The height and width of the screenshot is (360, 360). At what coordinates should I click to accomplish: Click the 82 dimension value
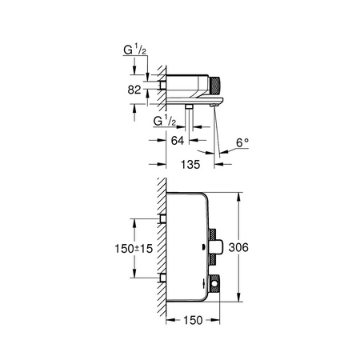(134, 90)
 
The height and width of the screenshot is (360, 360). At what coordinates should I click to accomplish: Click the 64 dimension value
(178, 141)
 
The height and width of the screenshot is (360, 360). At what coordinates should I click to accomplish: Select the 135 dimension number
(190, 164)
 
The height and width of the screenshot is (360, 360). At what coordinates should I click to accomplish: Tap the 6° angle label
(242, 142)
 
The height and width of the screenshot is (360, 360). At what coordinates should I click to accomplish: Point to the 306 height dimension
(238, 247)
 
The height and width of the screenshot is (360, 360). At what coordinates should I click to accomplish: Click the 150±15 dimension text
(134, 249)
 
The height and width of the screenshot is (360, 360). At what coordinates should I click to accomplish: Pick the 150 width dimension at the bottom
(193, 320)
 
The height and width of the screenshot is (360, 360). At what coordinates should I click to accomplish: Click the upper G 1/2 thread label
(135, 50)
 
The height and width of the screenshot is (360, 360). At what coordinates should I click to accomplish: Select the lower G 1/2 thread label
(165, 121)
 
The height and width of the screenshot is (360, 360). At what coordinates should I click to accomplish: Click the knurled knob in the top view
(214, 85)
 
